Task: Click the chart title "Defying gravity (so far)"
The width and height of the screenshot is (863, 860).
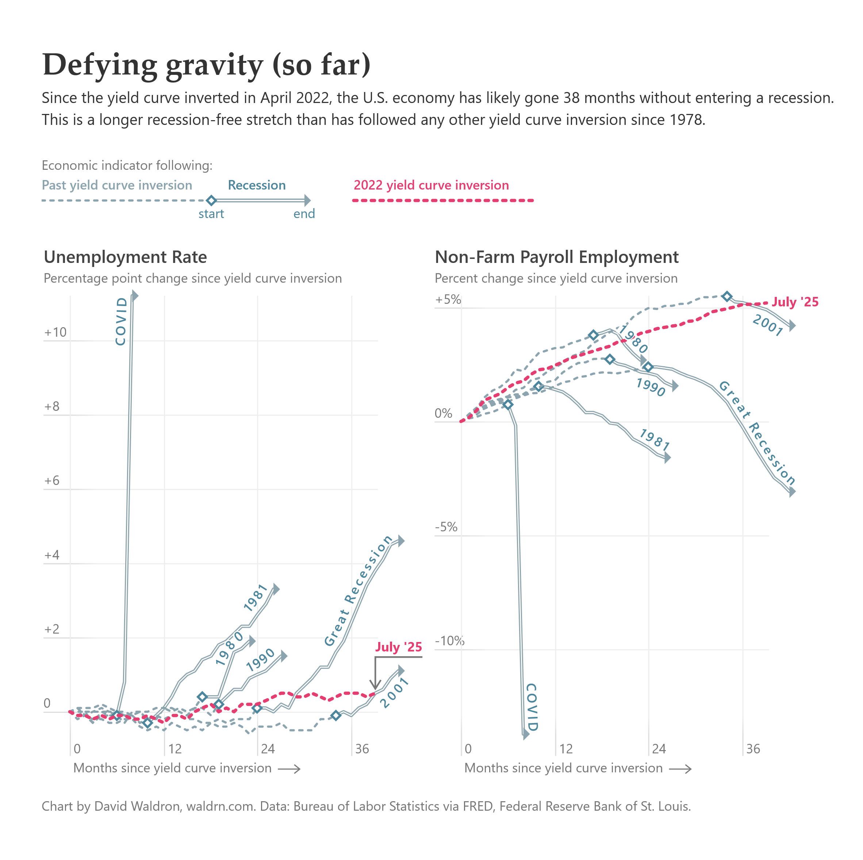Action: [206, 65]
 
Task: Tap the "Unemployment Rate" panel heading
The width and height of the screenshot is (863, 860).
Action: [125, 257]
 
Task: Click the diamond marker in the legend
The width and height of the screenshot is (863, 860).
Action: [212, 200]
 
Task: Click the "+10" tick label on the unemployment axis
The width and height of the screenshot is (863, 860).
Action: [55, 332]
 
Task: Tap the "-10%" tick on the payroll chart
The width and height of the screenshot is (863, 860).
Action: [449, 641]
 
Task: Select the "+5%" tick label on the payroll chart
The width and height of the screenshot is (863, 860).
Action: [448, 299]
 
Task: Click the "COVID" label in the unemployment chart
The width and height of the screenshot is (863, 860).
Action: [121, 321]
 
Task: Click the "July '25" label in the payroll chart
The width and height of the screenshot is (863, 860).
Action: [795, 302]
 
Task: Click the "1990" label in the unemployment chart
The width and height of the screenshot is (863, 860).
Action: [260, 660]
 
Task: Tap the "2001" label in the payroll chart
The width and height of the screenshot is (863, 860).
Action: [767, 325]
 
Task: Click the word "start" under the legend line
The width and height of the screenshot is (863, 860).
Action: [211, 214]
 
